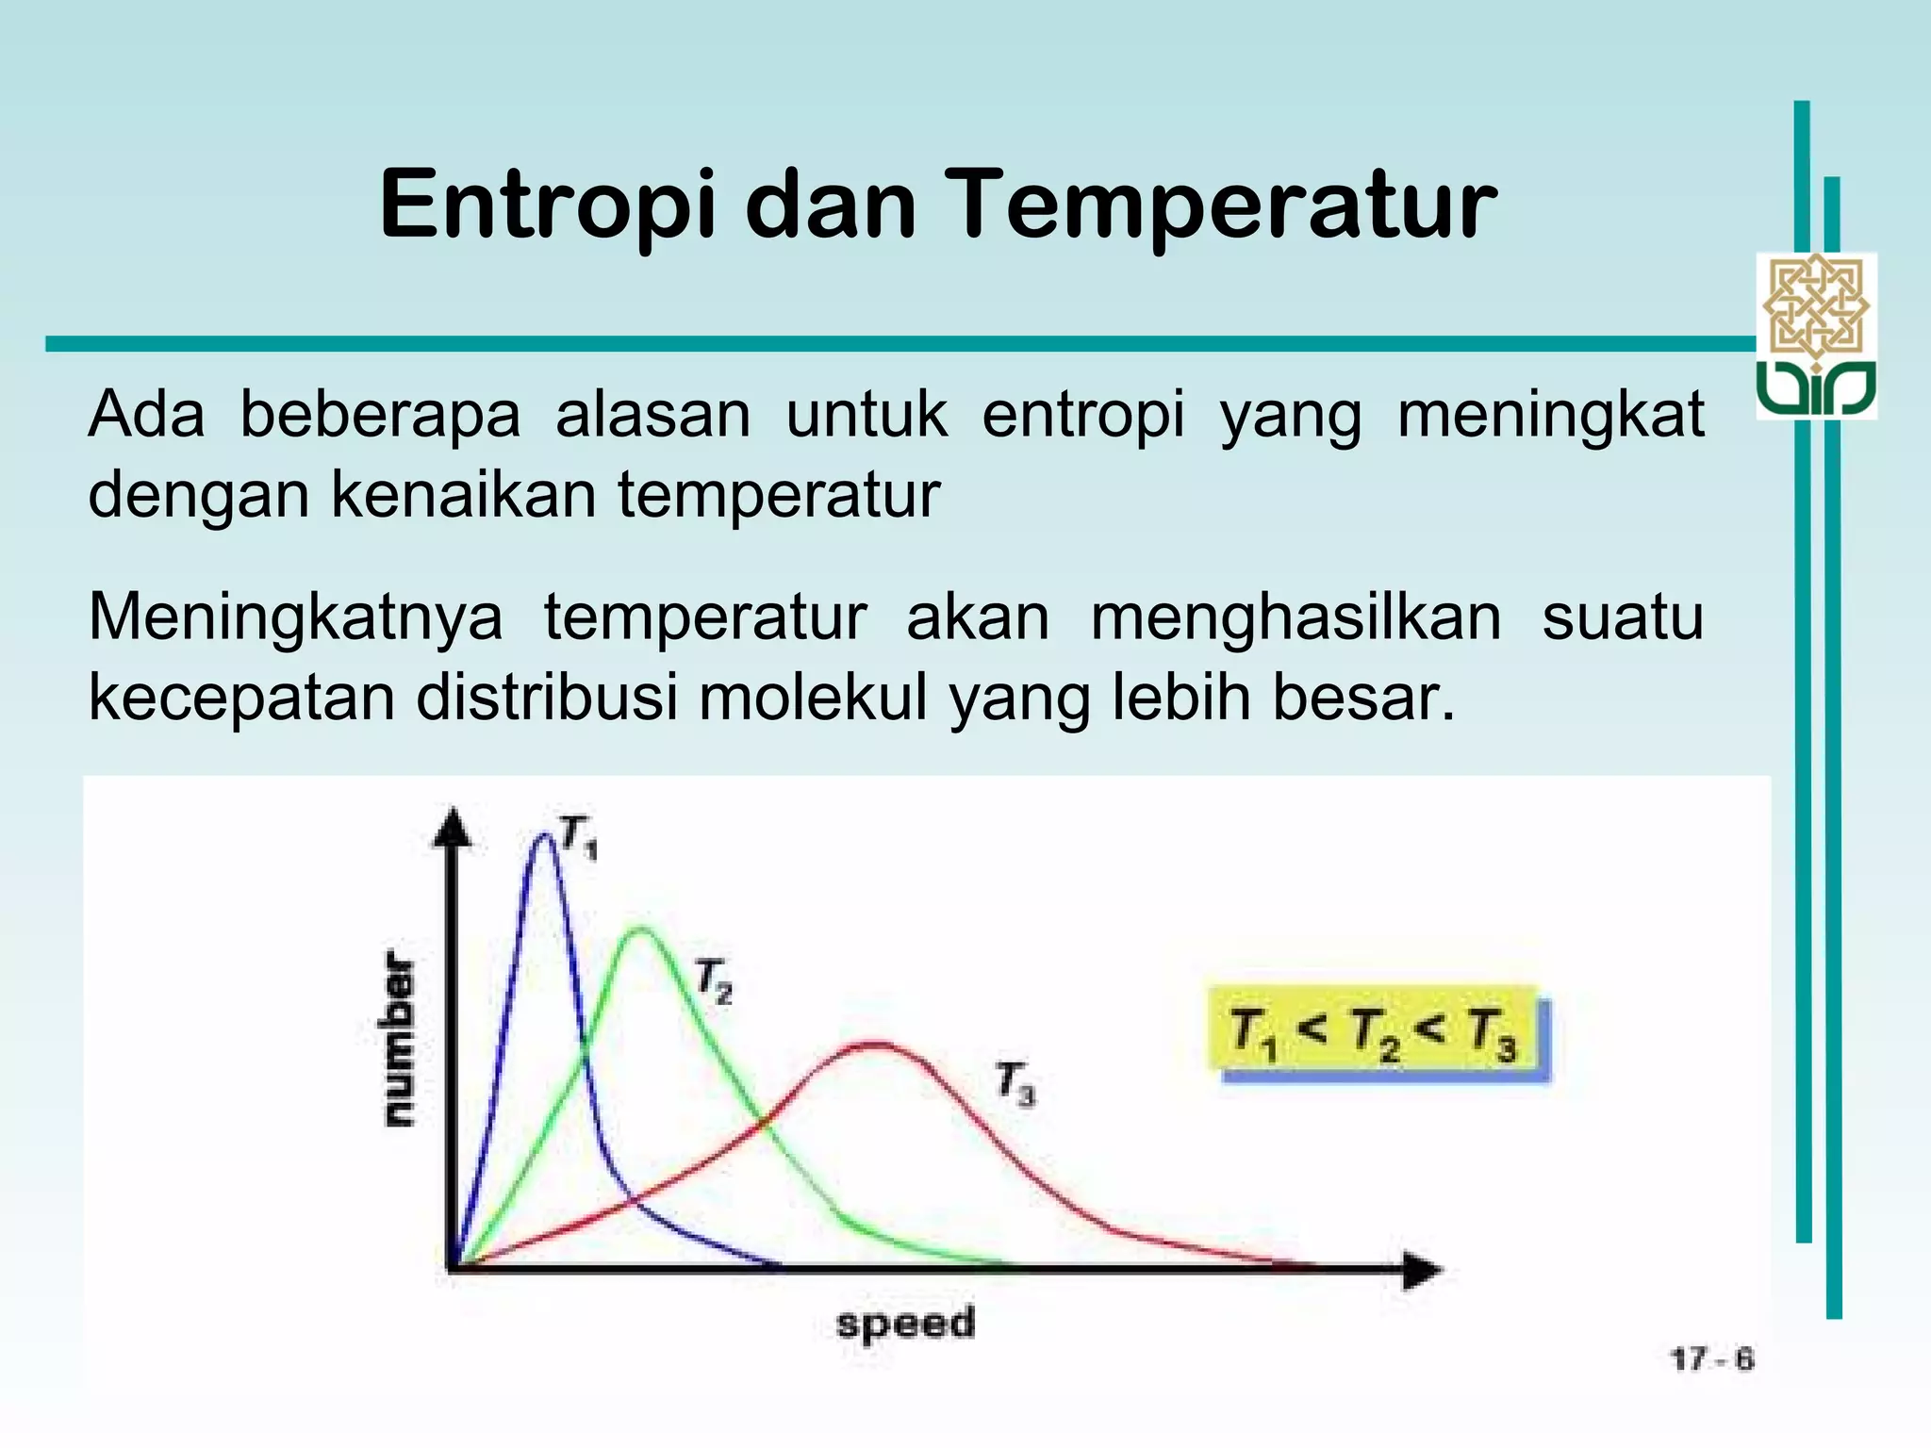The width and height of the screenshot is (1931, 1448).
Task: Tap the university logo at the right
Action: [1816, 336]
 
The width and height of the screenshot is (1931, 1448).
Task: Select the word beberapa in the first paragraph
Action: [379, 415]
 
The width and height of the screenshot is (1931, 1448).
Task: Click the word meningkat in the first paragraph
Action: [1550, 415]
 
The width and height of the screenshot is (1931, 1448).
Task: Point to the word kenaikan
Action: [463, 495]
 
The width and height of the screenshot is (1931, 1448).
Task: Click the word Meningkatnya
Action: [295, 617]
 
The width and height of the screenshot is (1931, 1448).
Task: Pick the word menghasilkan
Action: [1296, 617]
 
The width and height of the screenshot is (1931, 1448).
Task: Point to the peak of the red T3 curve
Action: [875, 1044]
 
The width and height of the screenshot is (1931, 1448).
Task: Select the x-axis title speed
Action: [905, 1324]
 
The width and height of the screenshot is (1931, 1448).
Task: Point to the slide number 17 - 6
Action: [1711, 1359]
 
